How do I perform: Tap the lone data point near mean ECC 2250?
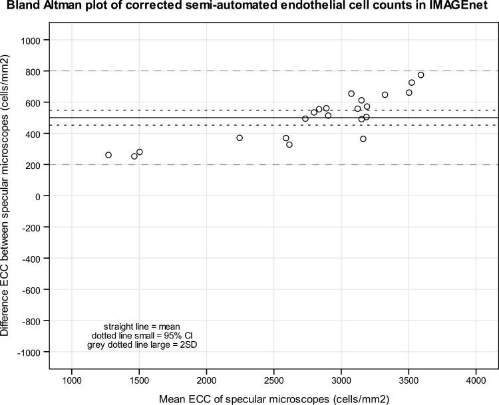[x=240, y=138]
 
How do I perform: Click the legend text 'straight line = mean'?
[x=138, y=326]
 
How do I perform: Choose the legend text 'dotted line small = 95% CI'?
[x=138, y=336]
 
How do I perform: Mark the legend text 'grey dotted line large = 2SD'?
[x=138, y=346]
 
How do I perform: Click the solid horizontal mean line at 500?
[x=200, y=118]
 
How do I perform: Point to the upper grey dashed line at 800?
[x=200, y=71]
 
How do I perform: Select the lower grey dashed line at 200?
[x=200, y=164]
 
